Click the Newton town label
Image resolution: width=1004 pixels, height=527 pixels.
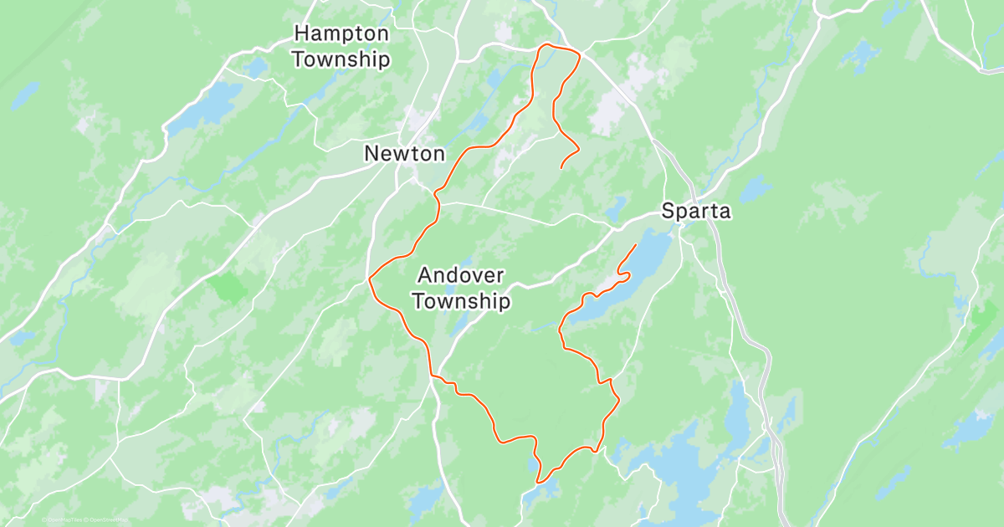click(x=404, y=154)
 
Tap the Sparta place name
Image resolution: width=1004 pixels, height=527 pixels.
click(x=696, y=212)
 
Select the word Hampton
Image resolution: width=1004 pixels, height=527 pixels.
click(x=341, y=34)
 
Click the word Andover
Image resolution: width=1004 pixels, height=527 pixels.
click(x=460, y=275)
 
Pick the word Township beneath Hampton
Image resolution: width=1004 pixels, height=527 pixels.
click(x=341, y=59)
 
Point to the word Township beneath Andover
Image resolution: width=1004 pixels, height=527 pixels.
click(x=462, y=301)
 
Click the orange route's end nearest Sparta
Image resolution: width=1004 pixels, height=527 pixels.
click(x=636, y=244)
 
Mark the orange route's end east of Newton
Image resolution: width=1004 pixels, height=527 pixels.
click(x=561, y=168)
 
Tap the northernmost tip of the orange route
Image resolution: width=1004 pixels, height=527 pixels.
click(x=547, y=43)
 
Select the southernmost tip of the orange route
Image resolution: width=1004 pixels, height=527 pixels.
click(x=539, y=483)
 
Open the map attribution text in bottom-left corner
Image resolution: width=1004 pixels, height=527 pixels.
click(x=84, y=519)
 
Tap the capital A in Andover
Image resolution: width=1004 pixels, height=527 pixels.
click(x=425, y=275)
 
